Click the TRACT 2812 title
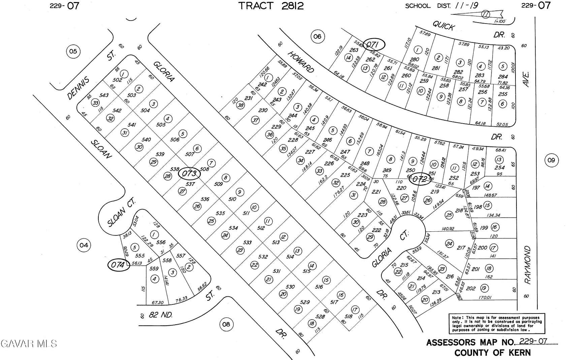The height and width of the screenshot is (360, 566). (x=271, y=6)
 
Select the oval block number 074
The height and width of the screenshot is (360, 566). (x=118, y=265)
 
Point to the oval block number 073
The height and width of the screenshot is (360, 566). (x=189, y=173)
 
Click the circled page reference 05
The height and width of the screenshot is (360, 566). (x=73, y=52)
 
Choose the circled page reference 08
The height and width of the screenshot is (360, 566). (x=226, y=324)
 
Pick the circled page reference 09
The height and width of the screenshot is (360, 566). (x=551, y=160)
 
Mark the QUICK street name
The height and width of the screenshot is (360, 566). (x=444, y=25)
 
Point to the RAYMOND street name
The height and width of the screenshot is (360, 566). (x=527, y=265)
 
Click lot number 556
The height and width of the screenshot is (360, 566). (x=161, y=242)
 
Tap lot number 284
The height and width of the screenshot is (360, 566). (x=503, y=76)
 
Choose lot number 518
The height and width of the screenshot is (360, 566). (x=348, y=317)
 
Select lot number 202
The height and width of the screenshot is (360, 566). (x=471, y=288)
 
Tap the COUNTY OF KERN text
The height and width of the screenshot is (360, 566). (x=492, y=353)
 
